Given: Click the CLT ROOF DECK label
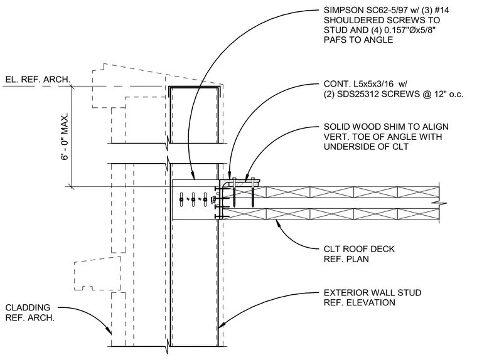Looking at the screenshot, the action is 359,249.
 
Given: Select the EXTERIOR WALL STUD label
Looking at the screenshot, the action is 372,293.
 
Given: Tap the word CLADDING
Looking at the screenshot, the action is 28,308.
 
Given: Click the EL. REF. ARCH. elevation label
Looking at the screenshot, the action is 38,80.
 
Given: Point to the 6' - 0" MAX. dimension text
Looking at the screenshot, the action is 65,137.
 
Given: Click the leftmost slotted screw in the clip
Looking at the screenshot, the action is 181,199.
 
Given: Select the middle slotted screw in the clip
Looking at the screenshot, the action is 193,199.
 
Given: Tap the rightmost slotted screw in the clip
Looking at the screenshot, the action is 205,199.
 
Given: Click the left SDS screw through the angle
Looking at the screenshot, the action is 234,192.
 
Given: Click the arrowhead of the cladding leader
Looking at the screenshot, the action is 109,331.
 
